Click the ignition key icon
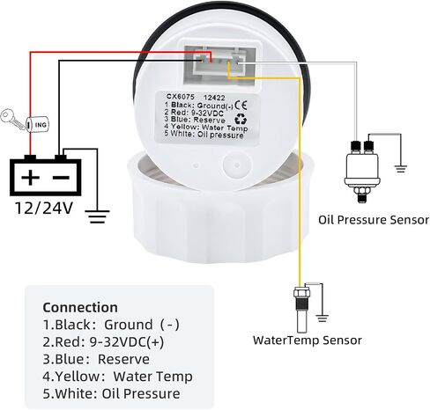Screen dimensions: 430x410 (12, 119)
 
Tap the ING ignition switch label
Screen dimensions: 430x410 (41, 125)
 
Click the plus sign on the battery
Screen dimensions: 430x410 (30, 177)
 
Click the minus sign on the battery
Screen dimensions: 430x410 (62, 178)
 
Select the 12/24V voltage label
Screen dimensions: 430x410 (43, 208)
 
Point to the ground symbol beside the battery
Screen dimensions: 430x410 (97, 216)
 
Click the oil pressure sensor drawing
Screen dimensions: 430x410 (362, 172)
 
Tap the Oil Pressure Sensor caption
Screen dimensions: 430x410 (374, 220)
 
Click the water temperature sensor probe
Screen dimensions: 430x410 (301, 308)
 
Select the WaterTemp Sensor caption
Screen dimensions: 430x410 (308, 340)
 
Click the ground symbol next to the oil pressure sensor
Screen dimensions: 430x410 (400, 169)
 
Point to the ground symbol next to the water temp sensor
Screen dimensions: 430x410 (322, 318)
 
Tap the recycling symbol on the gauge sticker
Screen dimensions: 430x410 (241, 119)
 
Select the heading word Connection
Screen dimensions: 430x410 (80, 308)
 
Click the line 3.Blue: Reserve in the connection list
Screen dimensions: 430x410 (96, 359)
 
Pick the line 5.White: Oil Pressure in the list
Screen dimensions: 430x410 (111, 393)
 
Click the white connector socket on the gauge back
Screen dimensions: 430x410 (219, 63)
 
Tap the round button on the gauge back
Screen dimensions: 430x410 (237, 165)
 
